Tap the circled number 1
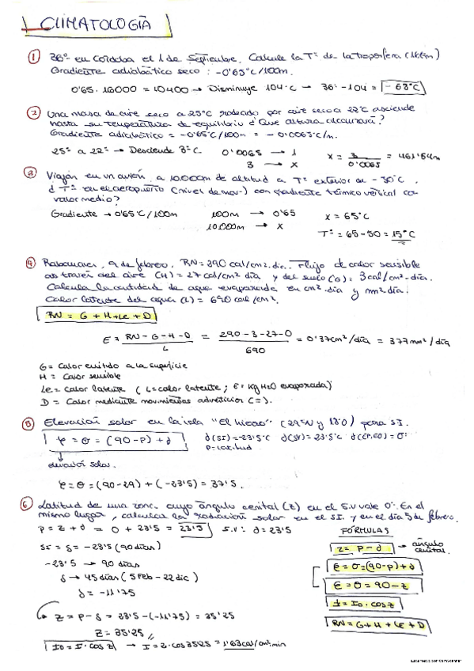pyautogui.click(x=33, y=57)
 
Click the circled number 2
pyautogui.click(x=33, y=112)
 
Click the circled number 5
pyautogui.click(x=31, y=423)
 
